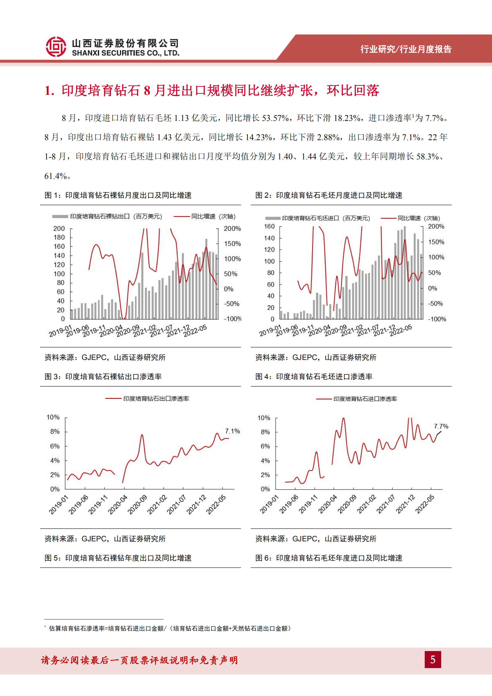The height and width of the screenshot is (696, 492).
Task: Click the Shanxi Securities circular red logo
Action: pos(56,47)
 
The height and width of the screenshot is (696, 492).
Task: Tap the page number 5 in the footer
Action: pos(432,659)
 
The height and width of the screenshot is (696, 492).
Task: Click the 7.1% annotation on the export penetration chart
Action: pos(232,431)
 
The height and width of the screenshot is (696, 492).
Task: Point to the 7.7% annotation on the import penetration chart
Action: pos(441,426)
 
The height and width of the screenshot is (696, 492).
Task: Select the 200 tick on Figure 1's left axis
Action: pos(59,228)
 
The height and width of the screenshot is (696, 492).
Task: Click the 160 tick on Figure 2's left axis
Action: pos(269,226)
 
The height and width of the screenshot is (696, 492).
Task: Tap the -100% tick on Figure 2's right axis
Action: pos(437,319)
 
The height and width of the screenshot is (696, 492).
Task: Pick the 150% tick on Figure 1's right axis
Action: pos(232,244)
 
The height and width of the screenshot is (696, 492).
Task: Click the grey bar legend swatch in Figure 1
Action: pos(60,216)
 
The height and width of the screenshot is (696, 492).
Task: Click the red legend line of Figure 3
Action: pos(113,399)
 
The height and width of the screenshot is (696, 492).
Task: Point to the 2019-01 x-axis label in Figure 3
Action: pos(59,505)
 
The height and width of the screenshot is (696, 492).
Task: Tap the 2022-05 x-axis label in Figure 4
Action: pos(424,504)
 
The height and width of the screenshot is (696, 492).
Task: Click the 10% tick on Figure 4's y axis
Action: pos(264,418)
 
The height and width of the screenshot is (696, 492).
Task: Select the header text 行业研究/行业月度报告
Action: pos(406,49)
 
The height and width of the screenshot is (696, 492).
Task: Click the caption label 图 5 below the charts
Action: pos(52,558)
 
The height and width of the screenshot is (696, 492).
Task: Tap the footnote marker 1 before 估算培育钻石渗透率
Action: pos(45,626)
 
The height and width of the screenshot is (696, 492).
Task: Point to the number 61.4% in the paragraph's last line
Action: pos(55,176)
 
